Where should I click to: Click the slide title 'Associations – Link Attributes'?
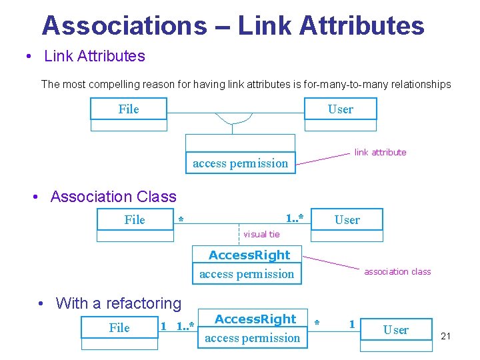[233, 26]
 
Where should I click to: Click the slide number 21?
[446, 336]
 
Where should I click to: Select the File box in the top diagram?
[129, 109]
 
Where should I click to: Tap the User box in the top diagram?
[341, 109]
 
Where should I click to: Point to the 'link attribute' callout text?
[380, 152]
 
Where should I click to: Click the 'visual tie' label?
[261, 234]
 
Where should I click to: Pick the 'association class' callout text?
[397, 271]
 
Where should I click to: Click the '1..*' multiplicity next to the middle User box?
[295, 219]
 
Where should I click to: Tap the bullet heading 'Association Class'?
[113, 197]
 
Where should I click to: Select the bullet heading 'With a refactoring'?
[119, 303]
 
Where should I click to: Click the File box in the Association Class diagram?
[135, 220]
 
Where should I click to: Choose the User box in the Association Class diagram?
[347, 220]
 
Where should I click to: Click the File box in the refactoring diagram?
[119, 327]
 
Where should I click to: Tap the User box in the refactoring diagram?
[396, 330]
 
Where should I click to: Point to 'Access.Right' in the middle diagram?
[249, 255]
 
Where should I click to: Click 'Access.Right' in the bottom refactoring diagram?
[255, 319]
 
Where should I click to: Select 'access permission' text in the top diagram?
[240, 163]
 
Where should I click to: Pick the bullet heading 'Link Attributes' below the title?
[95, 56]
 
